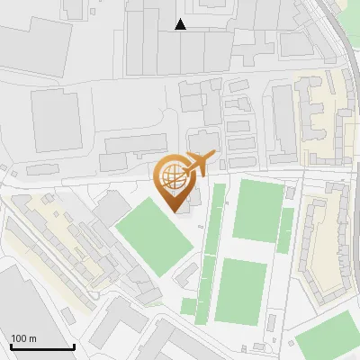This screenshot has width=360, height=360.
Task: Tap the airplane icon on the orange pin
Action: pos(199,163)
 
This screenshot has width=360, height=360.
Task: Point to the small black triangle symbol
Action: pos(181,24)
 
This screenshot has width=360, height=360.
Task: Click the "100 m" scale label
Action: pos(23,338)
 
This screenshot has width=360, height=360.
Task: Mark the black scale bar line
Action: pos(42,346)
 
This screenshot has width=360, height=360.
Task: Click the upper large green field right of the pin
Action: pos(258,209)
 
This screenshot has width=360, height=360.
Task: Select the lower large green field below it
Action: pos(242,291)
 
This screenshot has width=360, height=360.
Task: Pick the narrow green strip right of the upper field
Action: pos(286,230)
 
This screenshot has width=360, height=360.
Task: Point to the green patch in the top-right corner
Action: pos(351,13)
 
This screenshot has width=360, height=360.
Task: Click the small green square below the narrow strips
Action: pos(188,306)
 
